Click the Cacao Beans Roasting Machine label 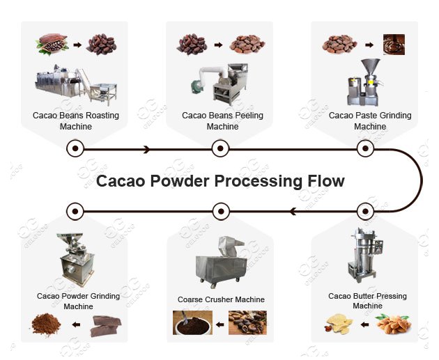[x=75, y=120]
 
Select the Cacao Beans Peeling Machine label [x=222, y=120]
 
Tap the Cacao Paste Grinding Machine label [x=369, y=120]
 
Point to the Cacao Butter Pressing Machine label [x=367, y=301]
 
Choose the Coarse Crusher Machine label [x=221, y=299]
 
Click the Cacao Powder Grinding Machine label [x=78, y=301]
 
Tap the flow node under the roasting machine [x=75, y=148]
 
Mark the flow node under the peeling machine [x=221, y=148]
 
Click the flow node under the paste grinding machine [x=366, y=148]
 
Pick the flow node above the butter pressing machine [x=366, y=210]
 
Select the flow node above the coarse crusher [x=221, y=210]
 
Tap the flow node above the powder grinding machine [x=75, y=210]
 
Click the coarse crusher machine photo [x=222, y=261]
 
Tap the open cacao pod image [x=52, y=45]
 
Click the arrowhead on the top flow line [x=146, y=149]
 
